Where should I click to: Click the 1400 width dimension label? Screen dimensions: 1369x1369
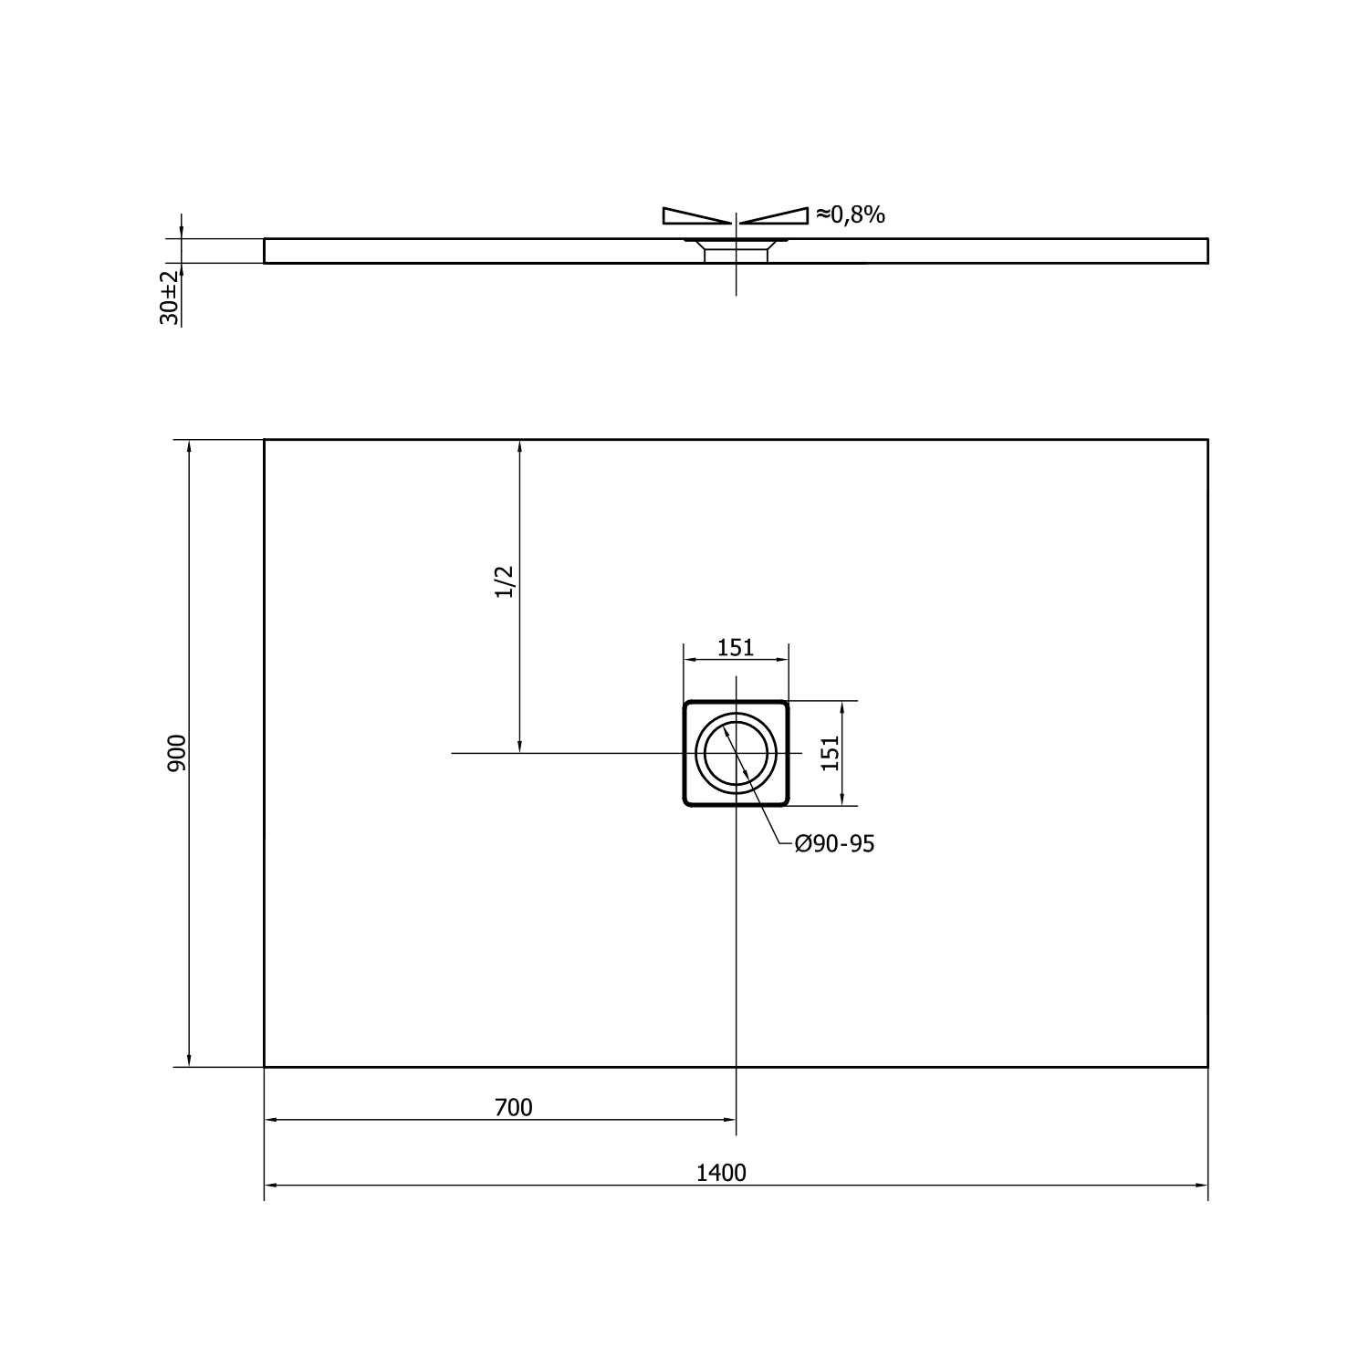[721, 1173]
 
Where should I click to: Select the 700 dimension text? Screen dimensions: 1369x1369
[513, 1108]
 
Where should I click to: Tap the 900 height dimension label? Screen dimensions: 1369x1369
[177, 753]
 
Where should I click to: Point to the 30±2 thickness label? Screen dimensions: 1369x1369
[170, 298]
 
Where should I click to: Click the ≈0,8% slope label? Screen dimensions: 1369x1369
[850, 214]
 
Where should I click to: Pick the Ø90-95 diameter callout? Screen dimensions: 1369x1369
[834, 844]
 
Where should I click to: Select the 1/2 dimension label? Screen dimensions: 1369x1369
[505, 581]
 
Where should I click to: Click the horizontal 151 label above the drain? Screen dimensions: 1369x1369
[736, 648]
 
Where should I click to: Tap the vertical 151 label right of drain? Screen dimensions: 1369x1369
[830, 753]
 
